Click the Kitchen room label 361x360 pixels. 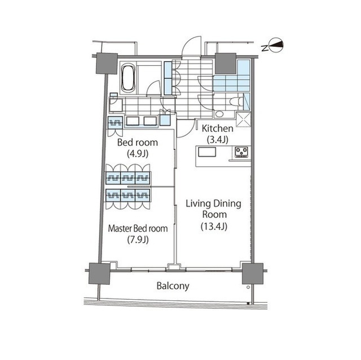(x=218, y=128)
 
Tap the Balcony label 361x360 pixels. (x=173, y=286)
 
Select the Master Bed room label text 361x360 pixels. (x=138, y=228)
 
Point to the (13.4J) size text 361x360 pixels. (x=214, y=226)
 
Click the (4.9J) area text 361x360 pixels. (x=138, y=154)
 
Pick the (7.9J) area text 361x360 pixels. (x=138, y=240)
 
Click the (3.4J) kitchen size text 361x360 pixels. (x=218, y=140)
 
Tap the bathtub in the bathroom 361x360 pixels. (x=128, y=78)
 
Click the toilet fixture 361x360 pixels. (x=237, y=101)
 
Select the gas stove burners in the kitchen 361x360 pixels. (x=241, y=152)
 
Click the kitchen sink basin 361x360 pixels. (x=207, y=152)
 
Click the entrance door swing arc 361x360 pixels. (x=190, y=44)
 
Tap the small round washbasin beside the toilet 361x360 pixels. (x=219, y=114)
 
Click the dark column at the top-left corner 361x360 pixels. (x=107, y=64)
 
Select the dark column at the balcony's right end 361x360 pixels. (x=253, y=274)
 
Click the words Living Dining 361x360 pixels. (x=213, y=204)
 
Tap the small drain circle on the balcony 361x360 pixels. (x=248, y=287)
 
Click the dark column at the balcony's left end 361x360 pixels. (x=99, y=274)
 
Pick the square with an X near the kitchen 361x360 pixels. (x=244, y=119)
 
